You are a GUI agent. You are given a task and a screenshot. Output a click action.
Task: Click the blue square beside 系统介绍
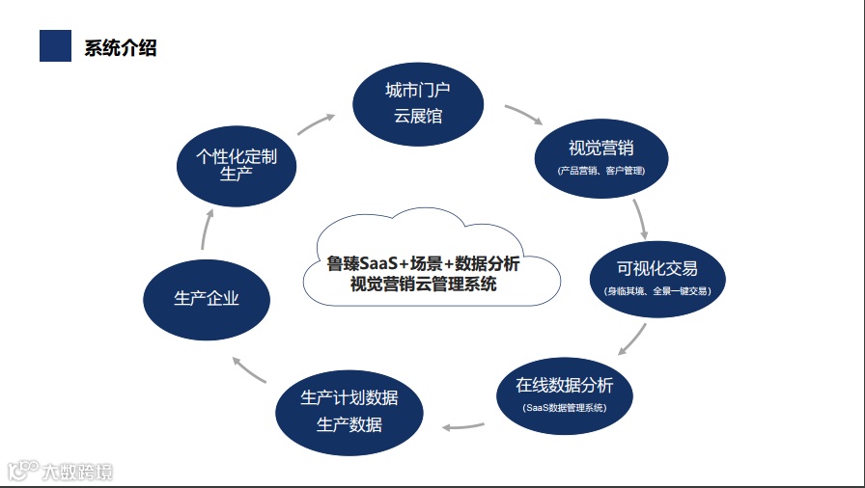pyautogui.click(x=55, y=45)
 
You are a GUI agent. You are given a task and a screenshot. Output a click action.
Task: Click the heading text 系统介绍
pyautogui.click(x=121, y=47)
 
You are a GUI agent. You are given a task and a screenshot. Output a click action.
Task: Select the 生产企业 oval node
pyautogui.click(x=207, y=298)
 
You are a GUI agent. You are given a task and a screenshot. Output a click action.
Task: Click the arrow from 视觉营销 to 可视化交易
pyautogui.click(x=639, y=219)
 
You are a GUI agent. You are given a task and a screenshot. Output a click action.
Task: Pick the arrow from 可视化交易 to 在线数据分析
pyautogui.click(x=632, y=339)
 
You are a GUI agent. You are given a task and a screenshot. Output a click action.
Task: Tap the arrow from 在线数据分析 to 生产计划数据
pyautogui.click(x=463, y=425)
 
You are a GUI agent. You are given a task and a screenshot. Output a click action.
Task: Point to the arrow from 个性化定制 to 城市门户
pyautogui.click(x=317, y=121)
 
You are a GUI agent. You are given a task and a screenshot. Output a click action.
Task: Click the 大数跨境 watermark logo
pyautogui.click(x=60, y=472)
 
